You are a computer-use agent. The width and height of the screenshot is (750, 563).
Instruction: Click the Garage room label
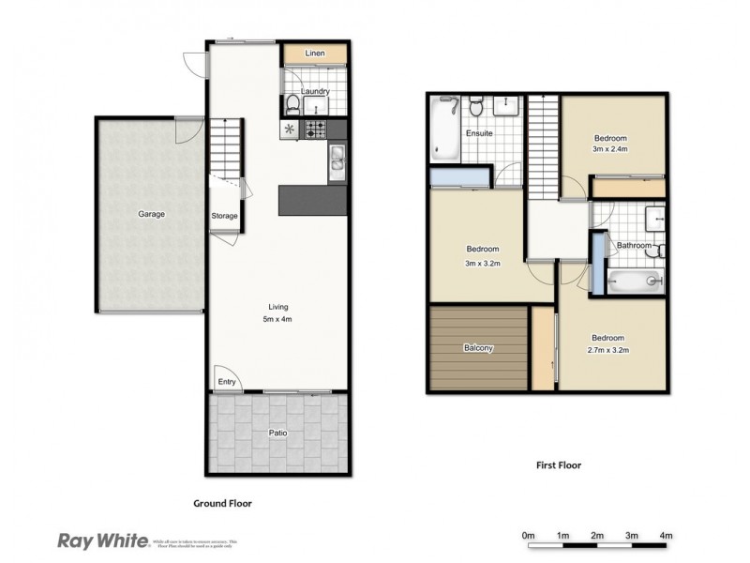tap(152, 214)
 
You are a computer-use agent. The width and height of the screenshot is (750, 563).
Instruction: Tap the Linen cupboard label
tap(315, 54)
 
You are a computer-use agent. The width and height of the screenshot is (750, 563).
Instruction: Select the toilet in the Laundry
tap(292, 103)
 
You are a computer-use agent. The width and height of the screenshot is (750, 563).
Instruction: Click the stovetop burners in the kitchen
tap(317, 129)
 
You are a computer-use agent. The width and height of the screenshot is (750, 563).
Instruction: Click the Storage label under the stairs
tap(224, 216)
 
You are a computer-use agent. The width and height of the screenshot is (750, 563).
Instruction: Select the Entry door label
tap(226, 381)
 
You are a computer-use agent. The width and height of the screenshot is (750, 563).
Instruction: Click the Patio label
tap(278, 433)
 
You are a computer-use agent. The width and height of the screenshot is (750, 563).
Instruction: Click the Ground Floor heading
tap(222, 503)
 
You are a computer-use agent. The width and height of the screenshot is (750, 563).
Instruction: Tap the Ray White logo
tap(102, 540)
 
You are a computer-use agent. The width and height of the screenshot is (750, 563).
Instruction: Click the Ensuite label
tap(479, 133)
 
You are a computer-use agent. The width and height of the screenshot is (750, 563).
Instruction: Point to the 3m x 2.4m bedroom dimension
tap(609, 149)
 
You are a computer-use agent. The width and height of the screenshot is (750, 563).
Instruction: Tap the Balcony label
tap(478, 348)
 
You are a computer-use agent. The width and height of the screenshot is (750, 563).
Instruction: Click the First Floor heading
tap(556, 464)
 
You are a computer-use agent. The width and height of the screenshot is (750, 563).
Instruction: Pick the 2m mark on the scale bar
tap(597, 535)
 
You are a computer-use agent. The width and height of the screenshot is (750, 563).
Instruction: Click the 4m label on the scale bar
tap(667, 535)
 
